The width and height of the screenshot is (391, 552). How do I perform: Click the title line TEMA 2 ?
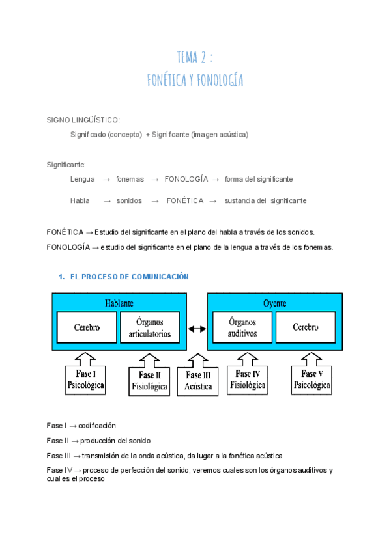[x=195, y=57]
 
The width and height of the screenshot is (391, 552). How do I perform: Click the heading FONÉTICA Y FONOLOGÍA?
[x=195, y=80]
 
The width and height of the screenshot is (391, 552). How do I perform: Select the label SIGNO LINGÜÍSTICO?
[x=83, y=120]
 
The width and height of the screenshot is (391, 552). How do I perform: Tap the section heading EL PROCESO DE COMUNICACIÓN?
[x=129, y=277]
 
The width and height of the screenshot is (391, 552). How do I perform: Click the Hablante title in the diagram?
[x=119, y=303]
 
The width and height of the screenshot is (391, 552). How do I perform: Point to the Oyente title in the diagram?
[x=274, y=303]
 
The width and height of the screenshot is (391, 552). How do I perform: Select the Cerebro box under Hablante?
[x=87, y=327]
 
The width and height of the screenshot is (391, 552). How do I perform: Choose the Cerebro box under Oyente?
[x=305, y=327]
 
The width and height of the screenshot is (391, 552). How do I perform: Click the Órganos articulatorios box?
[x=151, y=327]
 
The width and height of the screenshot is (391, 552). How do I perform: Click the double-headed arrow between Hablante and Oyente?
[x=197, y=329]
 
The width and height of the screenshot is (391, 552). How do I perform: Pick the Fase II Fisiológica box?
[x=151, y=380]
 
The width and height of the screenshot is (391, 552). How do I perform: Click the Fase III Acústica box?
[x=198, y=380]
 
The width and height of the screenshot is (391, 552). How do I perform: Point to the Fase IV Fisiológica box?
[x=247, y=379]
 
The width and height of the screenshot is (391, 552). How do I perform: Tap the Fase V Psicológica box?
[x=312, y=379]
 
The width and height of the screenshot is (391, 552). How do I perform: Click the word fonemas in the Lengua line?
[x=130, y=179]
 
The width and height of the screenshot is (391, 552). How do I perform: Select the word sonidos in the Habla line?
[x=129, y=201]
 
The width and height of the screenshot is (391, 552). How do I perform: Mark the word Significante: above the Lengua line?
[x=66, y=165]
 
